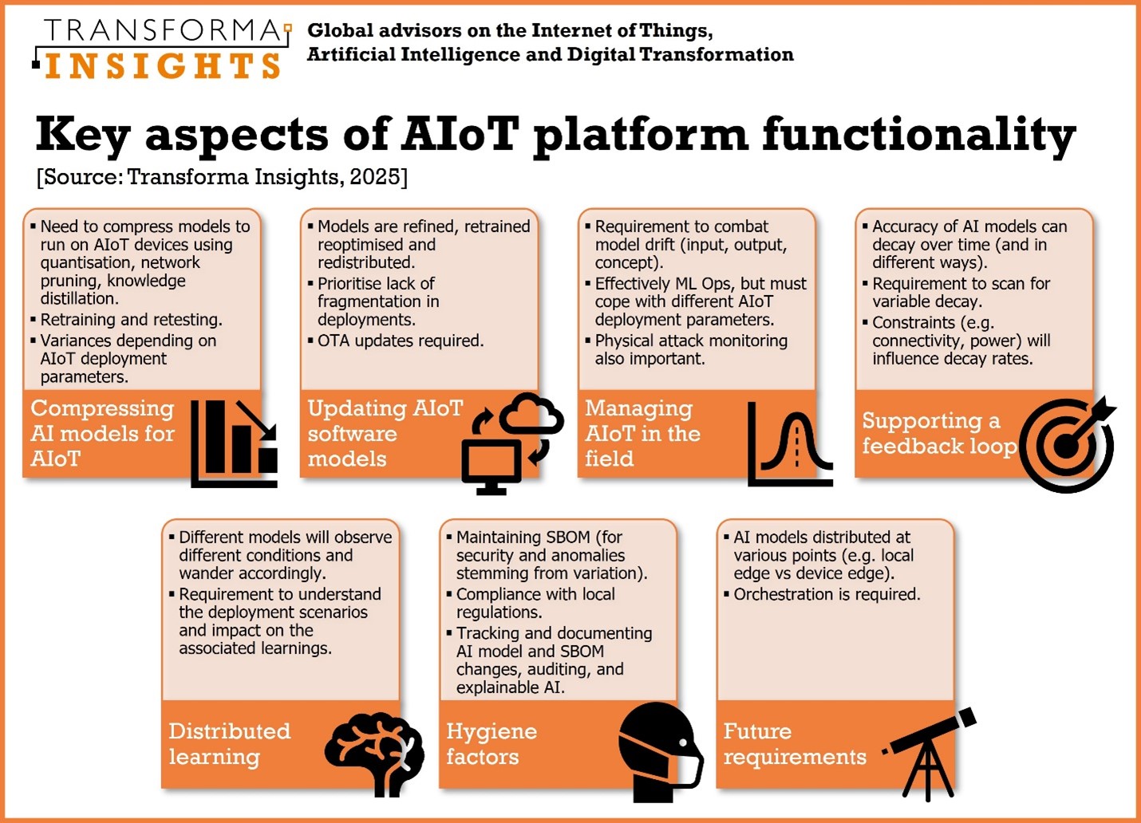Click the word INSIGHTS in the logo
pyautogui.click(x=163, y=66)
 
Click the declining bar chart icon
pyautogui.click(x=235, y=443)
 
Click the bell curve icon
pyautogui.click(x=791, y=443)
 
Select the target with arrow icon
pyautogui.click(x=1068, y=444)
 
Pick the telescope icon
pyautogui.click(x=929, y=754)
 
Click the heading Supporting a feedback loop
pyautogui.click(x=939, y=433)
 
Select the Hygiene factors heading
pyautogui.click(x=492, y=743)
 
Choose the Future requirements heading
pyautogui.click(x=795, y=743)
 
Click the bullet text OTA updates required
pyautogui.click(x=401, y=341)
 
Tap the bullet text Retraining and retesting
pyautogui.click(x=132, y=320)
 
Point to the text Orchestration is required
pyautogui.click(x=827, y=594)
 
